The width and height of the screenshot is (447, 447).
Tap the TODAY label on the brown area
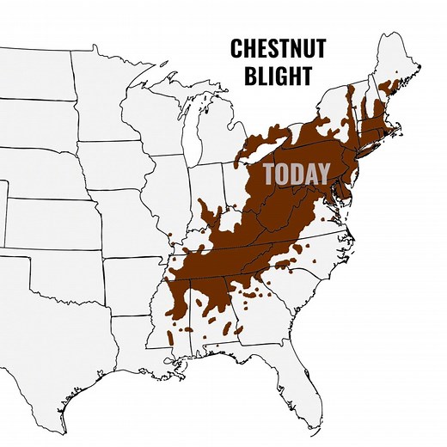tap(296, 174)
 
